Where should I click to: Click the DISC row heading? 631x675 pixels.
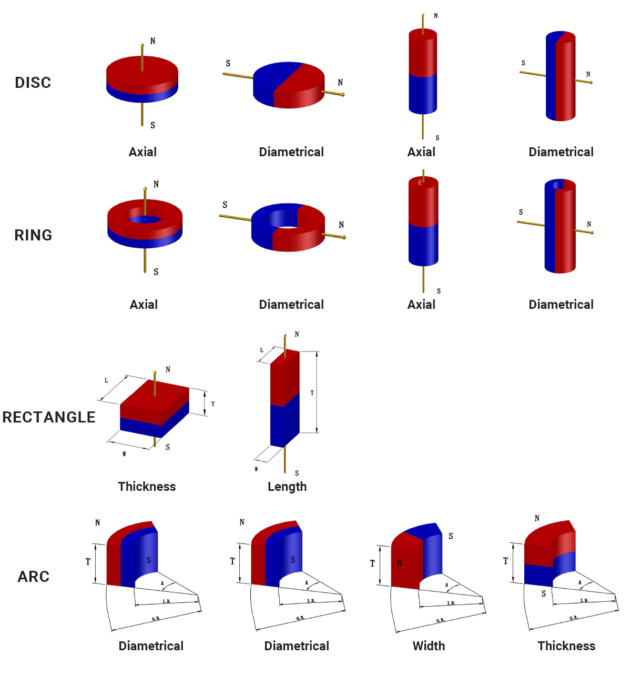click(33, 83)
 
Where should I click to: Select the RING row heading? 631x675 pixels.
click(33, 235)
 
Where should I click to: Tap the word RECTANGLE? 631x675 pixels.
click(49, 417)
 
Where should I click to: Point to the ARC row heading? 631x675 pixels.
click(34, 577)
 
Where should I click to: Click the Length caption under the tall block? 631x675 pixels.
click(287, 487)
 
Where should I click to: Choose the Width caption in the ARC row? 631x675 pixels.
click(429, 646)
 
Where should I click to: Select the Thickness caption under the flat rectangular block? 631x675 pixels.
click(147, 487)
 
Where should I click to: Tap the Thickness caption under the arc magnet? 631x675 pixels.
click(566, 646)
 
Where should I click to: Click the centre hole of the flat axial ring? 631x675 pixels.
click(145, 219)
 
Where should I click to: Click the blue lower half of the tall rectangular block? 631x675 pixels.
click(284, 424)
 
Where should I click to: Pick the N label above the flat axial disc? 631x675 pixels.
click(153, 41)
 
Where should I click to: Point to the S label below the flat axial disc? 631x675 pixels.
click(153, 125)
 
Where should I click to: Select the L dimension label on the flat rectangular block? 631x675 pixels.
click(107, 380)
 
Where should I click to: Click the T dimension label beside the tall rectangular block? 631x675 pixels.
click(312, 392)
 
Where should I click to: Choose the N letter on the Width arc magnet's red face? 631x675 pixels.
click(400, 563)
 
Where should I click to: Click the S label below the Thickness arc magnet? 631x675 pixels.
click(544, 593)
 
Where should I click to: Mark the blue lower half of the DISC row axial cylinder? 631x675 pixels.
click(423, 94)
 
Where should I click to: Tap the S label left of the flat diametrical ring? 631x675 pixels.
click(225, 205)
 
